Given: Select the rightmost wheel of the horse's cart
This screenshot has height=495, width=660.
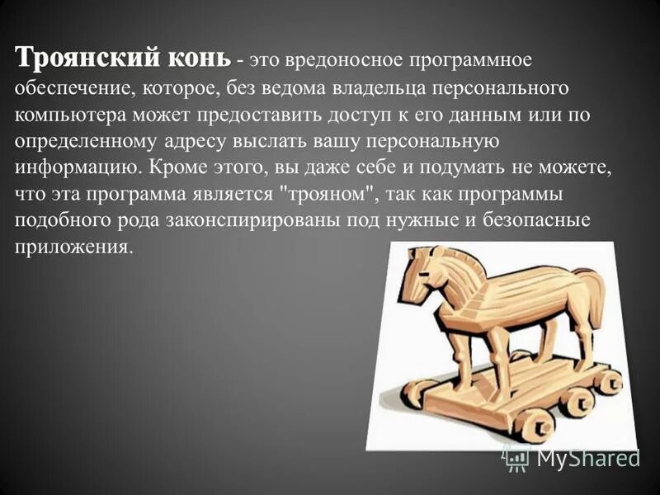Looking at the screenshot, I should pyautogui.click(x=609, y=381).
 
